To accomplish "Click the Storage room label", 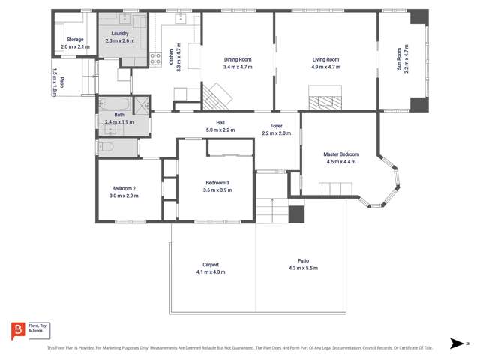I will (x=75, y=39).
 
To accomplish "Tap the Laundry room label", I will (x=120, y=34).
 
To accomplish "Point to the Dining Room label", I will (x=238, y=59).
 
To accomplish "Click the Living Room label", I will (x=326, y=59).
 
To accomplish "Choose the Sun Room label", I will (x=399, y=58).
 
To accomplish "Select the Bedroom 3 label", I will (x=217, y=183).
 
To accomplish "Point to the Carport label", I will (x=210, y=264).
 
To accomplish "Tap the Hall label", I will (x=220, y=123).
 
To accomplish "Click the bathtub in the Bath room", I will (x=111, y=103).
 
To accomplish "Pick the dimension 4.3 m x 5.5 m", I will (x=303, y=268).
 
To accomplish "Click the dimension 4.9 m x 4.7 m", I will (x=326, y=67).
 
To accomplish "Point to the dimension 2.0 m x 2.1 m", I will (x=75, y=46).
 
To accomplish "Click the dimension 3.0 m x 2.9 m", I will (x=124, y=196).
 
